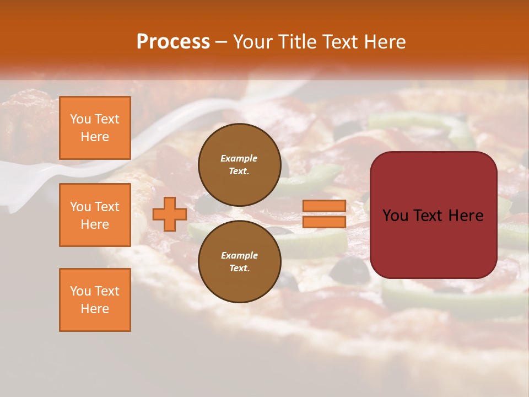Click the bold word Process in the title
point(173,42)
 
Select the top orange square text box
point(95,128)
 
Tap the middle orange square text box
point(95,215)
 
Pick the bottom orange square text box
point(95,300)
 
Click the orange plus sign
point(169,214)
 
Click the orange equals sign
point(324,214)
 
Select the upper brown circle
point(239,165)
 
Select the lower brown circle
point(239,261)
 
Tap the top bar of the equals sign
point(324,206)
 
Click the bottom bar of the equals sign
point(324,222)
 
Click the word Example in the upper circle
point(239,158)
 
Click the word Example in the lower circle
point(239,255)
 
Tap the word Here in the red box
point(466,216)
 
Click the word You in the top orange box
point(80,119)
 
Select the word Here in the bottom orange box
point(95,309)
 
